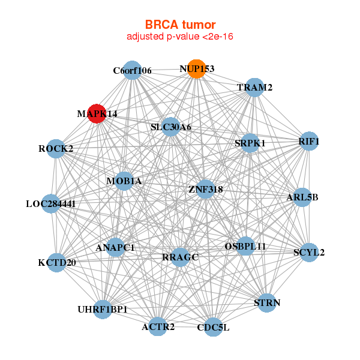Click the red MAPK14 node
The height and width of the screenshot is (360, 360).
97,113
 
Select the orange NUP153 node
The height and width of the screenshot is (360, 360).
196,69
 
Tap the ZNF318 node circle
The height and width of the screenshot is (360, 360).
205,189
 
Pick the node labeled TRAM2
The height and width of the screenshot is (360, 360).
255,88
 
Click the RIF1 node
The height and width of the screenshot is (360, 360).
308,142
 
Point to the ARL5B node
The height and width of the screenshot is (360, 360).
302,197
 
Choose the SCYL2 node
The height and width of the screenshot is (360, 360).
308,252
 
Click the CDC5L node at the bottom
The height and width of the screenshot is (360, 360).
213,328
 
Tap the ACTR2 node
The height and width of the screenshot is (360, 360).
158,326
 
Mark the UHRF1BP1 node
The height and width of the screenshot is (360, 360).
103,309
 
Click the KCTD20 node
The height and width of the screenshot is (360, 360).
56,262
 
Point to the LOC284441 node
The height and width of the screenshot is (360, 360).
52,204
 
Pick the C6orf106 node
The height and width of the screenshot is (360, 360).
131,71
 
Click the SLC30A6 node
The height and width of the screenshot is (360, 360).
171,127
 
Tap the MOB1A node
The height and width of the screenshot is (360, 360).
124,181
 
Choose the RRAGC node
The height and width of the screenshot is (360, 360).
179,257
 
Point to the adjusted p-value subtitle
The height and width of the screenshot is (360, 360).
180,37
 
